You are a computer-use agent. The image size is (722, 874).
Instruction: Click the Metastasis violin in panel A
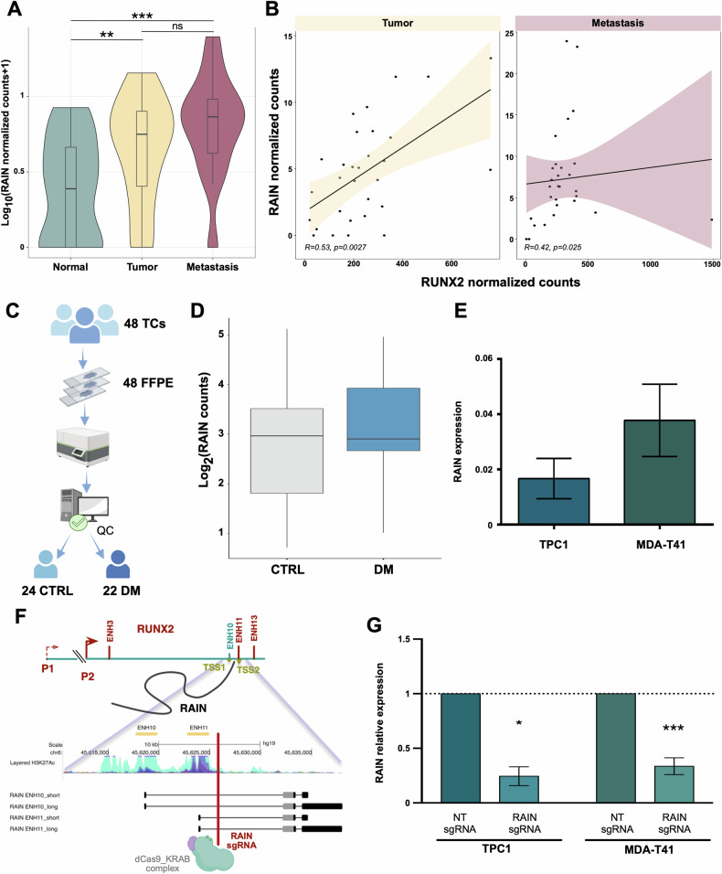pos(213,137)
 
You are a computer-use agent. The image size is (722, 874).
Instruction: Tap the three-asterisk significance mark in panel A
pos(141,16)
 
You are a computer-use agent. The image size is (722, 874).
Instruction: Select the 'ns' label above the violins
pos(177,28)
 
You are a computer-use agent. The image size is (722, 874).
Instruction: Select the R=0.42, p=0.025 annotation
pos(557,247)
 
